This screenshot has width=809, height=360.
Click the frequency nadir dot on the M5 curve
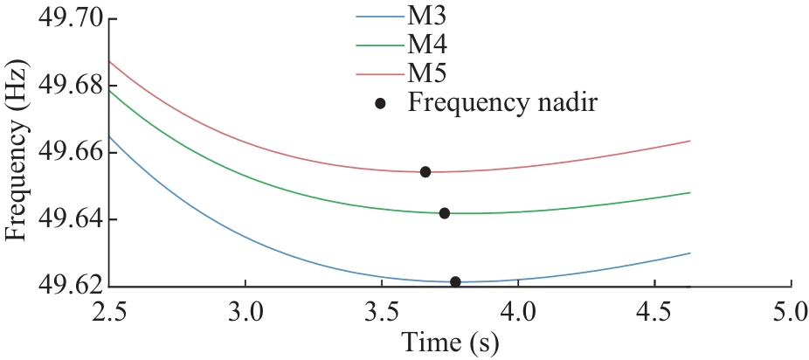(x=425, y=171)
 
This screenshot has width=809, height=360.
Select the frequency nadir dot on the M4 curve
(x=445, y=212)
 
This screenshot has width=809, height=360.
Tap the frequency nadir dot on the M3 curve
(x=455, y=281)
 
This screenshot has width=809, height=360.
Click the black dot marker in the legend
(x=380, y=102)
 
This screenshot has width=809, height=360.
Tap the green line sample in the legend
(x=377, y=43)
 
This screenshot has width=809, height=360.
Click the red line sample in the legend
(x=377, y=70)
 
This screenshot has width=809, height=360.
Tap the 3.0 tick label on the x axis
(x=245, y=312)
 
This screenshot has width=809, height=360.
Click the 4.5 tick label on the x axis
(x=654, y=312)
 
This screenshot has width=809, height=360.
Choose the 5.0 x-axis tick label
(x=790, y=312)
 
